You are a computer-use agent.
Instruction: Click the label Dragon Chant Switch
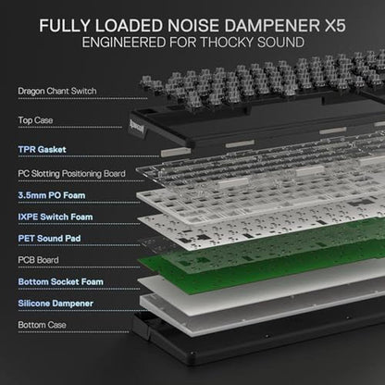point(57,92)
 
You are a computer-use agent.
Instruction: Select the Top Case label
point(35,120)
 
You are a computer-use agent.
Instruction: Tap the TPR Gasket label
point(42,150)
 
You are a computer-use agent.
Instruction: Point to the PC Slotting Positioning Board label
point(71,174)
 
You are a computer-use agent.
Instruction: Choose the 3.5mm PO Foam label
point(52,195)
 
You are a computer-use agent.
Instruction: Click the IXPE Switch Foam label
point(56,217)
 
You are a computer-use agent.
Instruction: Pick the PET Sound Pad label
point(49,239)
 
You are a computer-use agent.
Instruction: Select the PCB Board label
point(38,260)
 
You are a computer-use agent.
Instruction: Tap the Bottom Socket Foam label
point(60,281)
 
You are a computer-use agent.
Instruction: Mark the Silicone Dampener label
point(56,304)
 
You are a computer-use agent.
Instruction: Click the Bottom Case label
point(42,325)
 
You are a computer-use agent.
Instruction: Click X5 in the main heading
point(335,25)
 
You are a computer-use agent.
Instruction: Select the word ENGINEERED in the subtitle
point(124,43)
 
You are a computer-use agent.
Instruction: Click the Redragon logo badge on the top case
point(137,127)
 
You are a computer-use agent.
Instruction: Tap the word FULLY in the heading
point(65,25)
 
